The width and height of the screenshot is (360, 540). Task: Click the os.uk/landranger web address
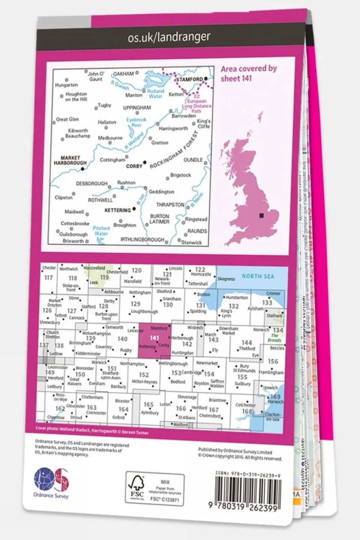coord(169,37)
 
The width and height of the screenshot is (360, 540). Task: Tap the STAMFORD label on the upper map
coord(189,80)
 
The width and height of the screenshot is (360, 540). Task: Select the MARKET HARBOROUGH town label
coord(70,161)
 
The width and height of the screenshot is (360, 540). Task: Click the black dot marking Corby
coord(145,163)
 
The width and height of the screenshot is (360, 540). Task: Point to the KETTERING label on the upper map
coord(117,210)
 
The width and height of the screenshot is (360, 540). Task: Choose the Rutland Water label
coord(155,93)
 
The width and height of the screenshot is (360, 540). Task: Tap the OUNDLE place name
coord(193,160)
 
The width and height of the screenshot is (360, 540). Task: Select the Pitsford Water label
coord(101,230)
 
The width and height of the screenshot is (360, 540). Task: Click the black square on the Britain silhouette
coord(261,215)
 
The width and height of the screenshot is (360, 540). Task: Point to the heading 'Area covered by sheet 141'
coord(249,73)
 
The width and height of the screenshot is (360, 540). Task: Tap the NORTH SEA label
coord(258,276)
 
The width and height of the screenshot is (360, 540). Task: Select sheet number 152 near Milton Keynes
coord(144,375)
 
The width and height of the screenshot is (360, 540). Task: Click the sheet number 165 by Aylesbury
coord(149,405)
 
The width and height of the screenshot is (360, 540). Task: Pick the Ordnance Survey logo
coord(51,482)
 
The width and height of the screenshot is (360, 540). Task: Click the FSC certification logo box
coord(155,488)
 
